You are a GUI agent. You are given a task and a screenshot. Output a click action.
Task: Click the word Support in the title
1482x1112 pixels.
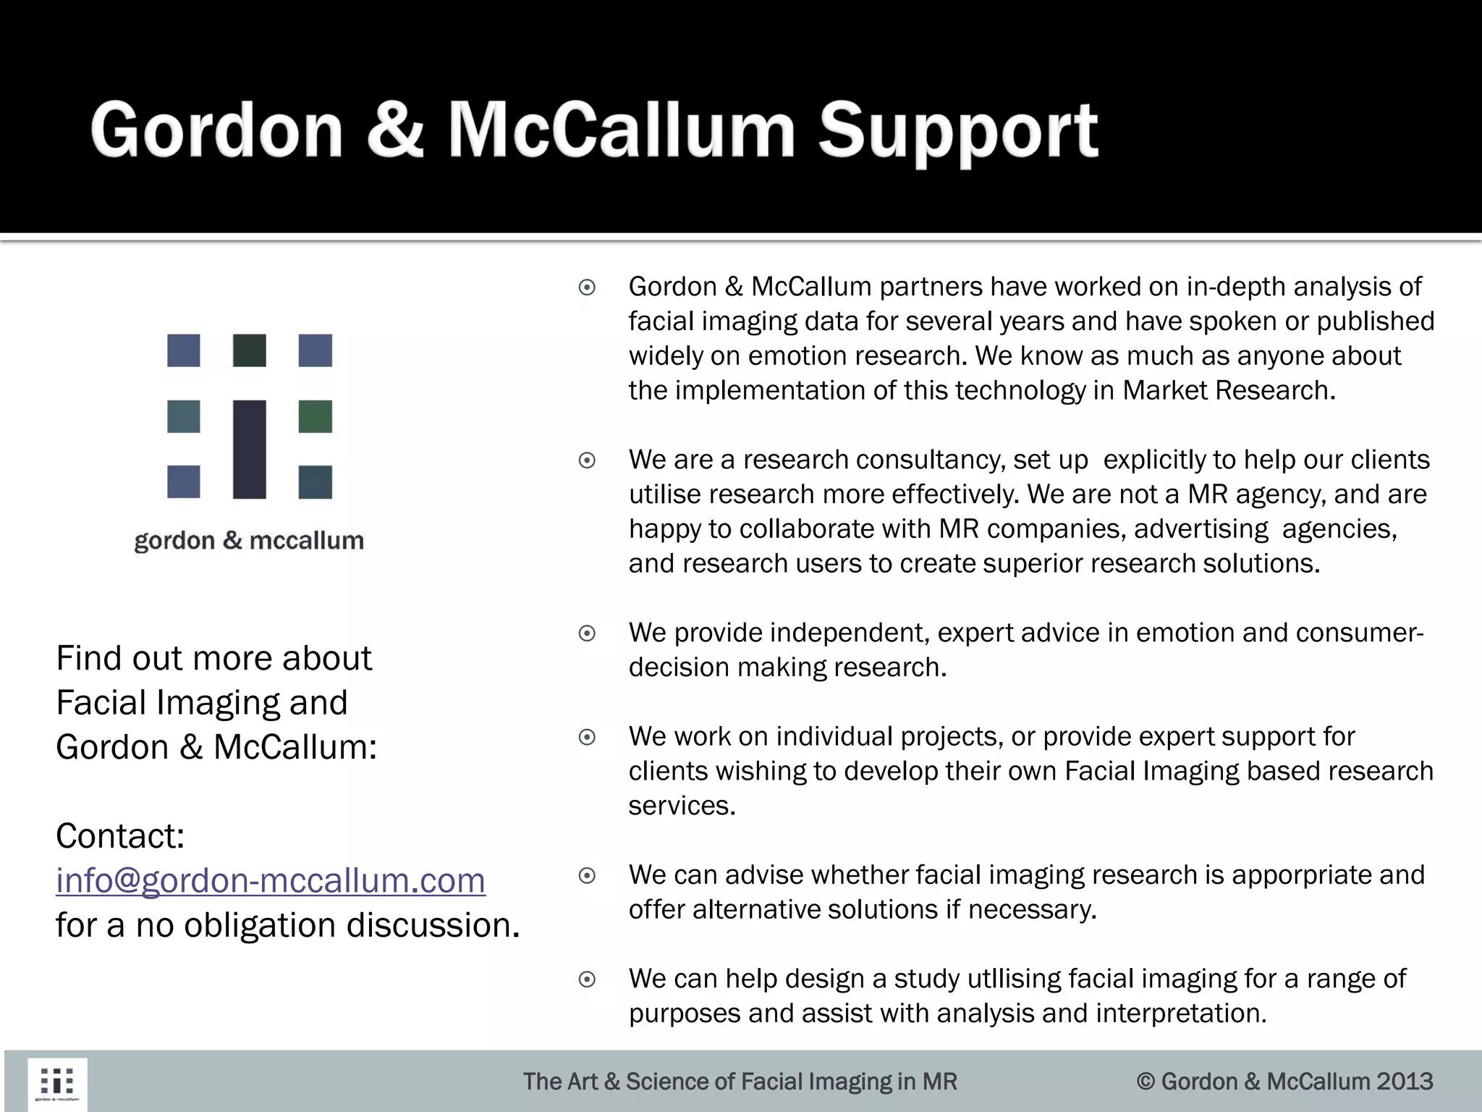click(958, 132)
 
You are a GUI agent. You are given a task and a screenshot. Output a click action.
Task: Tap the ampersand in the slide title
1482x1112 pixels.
click(394, 130)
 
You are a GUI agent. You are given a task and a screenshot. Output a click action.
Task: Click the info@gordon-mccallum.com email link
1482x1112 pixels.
click(271, 880)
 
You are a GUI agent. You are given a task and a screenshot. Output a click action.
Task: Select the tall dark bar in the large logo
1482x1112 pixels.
click(249, 449)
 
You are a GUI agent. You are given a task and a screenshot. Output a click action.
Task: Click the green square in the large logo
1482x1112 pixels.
click(316, 416)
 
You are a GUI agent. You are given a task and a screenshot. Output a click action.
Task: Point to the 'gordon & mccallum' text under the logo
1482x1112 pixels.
click(249, 541)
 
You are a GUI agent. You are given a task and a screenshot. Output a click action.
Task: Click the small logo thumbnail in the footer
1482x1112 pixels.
click(57, 1084)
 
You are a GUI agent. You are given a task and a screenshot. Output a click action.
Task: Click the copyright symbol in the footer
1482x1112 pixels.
click(1145, 1082)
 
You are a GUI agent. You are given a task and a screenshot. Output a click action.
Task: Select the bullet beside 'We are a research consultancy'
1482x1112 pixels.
click(587, 460)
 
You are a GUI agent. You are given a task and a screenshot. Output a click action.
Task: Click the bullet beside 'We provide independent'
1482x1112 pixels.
click(587, 633)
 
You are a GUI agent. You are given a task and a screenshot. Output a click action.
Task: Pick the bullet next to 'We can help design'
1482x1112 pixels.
click(587, 980)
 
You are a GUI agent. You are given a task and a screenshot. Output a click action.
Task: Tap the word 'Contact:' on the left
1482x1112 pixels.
click(120, 836)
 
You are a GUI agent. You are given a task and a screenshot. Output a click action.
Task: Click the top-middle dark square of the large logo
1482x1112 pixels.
click(249, 350)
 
